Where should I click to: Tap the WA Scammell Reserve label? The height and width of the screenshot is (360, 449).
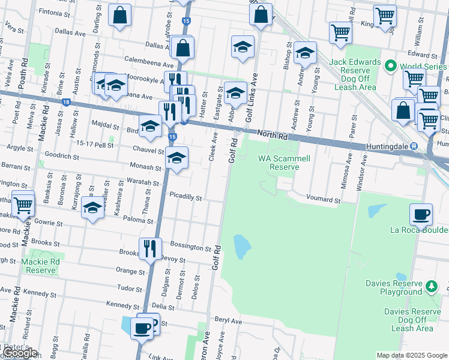(279, 163)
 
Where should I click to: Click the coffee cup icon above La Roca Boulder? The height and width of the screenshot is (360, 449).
(421, 214)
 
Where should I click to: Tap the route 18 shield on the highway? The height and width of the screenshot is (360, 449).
(65, 103)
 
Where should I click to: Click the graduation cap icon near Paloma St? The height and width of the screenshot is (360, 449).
(92, 208)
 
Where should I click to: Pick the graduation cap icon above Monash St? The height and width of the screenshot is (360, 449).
(176, 158)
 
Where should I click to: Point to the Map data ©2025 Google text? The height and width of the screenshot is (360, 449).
(411, 355)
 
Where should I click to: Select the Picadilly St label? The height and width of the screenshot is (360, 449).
(185, 197)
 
